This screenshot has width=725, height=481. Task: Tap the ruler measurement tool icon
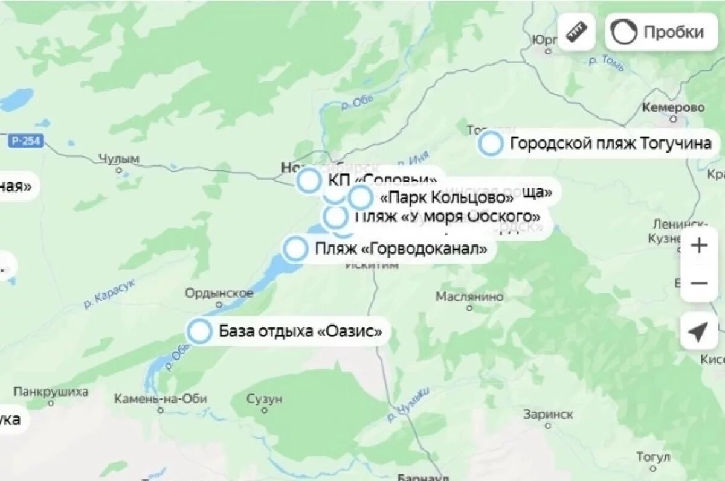(577, 32)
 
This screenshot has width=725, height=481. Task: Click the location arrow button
(698, 331)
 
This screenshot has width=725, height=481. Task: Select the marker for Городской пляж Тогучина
(491, 144)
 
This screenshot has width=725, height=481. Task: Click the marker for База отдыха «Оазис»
(199, 332)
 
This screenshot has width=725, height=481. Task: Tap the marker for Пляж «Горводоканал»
(296, 249)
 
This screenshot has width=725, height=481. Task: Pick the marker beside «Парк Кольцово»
(360, 197)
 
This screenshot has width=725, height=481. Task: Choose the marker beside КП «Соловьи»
(310, 180)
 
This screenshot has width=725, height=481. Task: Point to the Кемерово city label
(673, 108)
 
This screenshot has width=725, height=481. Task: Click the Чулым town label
(119, 159)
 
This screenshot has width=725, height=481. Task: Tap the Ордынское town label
(219, 293)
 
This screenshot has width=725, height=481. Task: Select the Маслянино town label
(469, 297)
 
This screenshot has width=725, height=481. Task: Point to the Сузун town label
(265, 399)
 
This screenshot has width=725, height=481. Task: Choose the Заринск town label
(548, 415)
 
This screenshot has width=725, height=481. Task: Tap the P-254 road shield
(26, 141)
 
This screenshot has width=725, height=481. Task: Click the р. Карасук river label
(109, 294)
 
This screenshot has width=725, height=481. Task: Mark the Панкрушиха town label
(51, 392)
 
